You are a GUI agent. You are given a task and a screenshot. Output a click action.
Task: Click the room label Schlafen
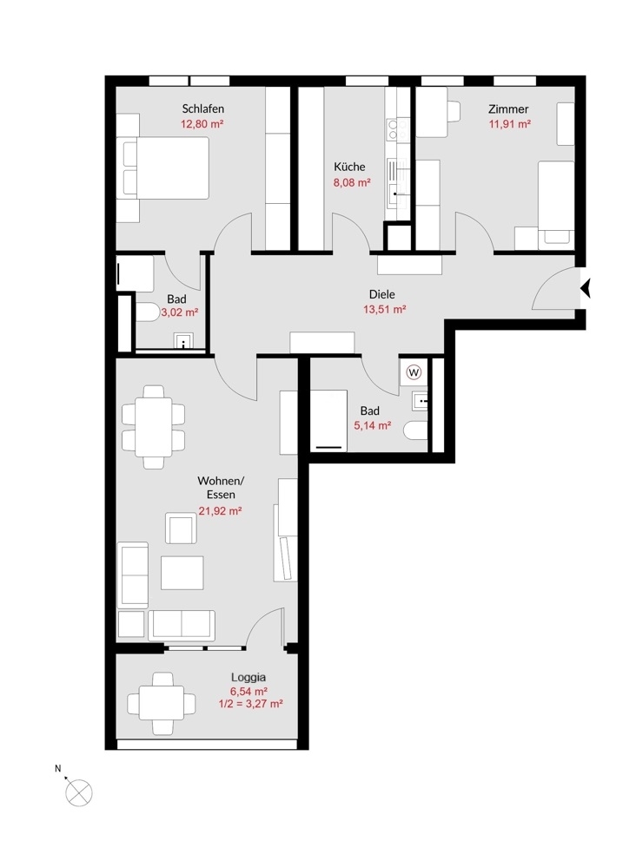tap(202, 108)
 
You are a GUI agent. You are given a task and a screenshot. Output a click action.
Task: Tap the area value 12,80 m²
tap(202, 124)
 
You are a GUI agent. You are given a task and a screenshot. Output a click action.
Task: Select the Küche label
tap(349, 167)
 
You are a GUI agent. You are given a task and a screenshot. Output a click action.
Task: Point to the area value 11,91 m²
tap(509, 124)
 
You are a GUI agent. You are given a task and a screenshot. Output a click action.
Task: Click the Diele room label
tap(382, 294)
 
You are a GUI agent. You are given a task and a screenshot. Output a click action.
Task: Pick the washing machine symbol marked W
tap(414, 372)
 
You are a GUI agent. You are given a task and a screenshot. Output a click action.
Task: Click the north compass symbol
tap(78, 791)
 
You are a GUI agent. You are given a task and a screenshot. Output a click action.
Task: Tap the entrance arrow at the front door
tap(585, 288)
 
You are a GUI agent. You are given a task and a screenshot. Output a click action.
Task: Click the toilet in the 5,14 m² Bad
tap(416, 430)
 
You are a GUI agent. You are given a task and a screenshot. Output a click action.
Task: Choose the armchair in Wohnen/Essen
tap(181, 528)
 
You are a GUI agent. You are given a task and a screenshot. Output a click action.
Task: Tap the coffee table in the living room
tap(182, 572)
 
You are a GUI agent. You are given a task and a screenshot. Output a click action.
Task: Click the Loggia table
tap(161, 703)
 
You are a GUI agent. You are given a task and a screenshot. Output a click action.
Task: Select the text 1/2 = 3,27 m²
tap(250, 704)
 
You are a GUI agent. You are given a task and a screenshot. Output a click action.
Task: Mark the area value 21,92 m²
tap(220, 511)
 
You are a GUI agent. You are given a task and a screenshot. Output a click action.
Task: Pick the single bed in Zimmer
tap(556, 202)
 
